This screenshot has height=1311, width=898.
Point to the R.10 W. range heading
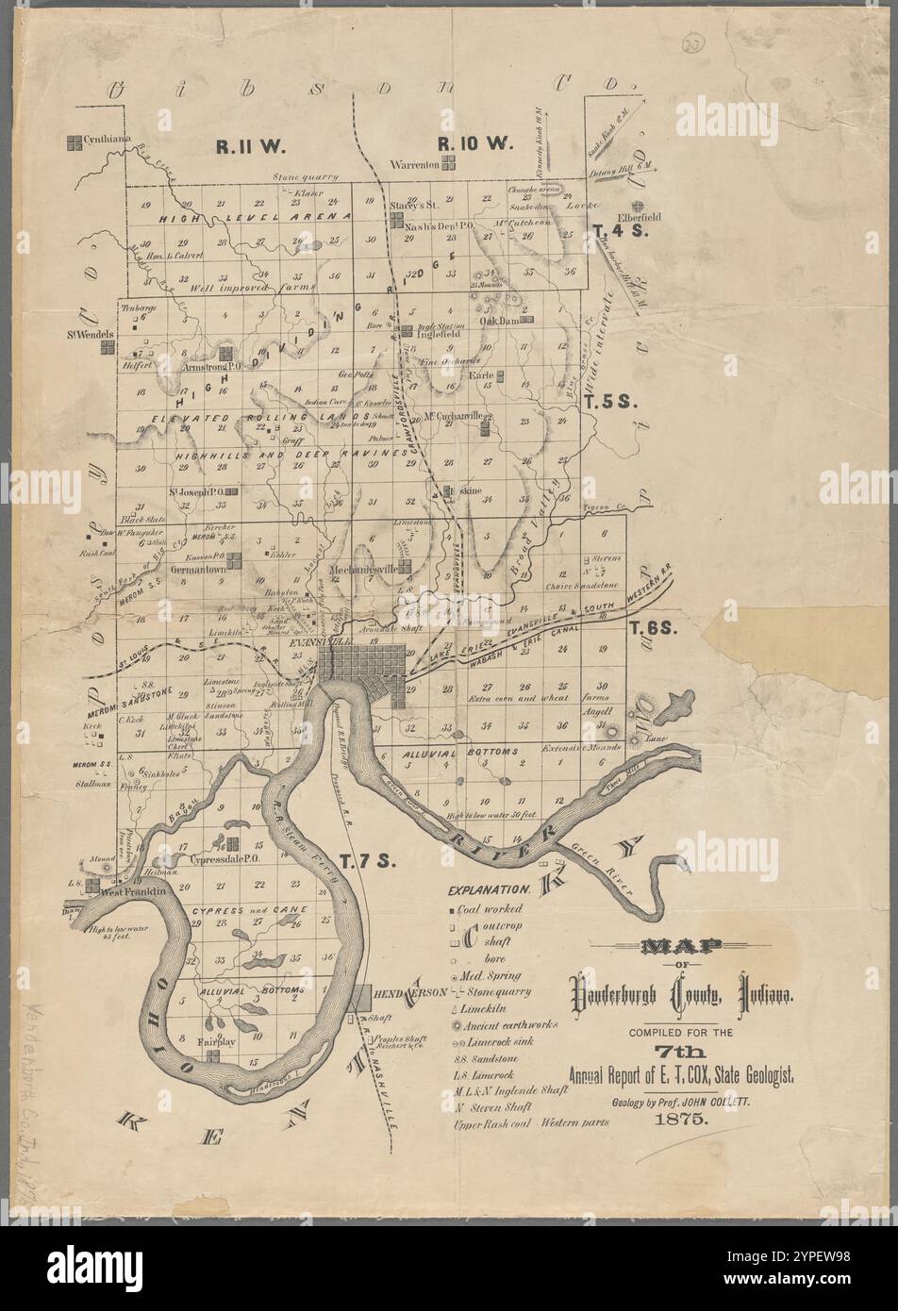(474, 143)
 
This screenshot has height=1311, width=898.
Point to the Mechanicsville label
(363, 570)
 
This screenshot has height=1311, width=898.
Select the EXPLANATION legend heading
(490, 889)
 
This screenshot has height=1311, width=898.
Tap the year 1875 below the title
(683, 1121)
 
